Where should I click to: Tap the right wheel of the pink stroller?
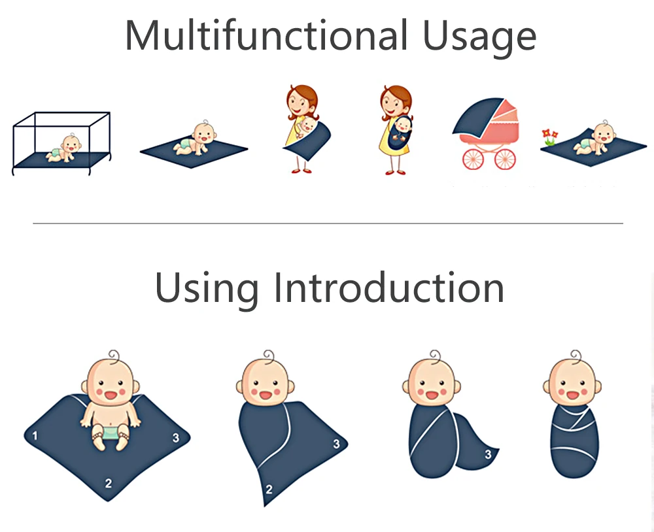505,159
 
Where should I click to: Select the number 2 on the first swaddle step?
109,484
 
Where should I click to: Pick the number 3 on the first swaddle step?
175,438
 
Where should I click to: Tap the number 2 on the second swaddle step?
269,488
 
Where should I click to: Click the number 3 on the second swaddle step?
336,444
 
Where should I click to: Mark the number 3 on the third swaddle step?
488,454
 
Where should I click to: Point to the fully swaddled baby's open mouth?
574,395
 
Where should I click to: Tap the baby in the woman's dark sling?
400,126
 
